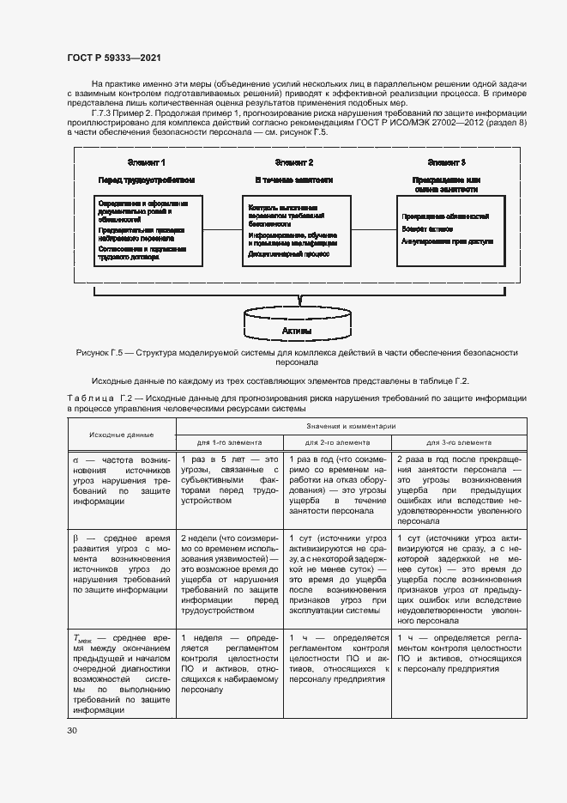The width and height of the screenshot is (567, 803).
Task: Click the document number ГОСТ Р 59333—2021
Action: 113,58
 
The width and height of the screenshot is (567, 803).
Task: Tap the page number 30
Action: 72,730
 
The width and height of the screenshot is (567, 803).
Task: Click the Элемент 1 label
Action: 146,162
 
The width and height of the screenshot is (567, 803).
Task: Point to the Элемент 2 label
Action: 293,162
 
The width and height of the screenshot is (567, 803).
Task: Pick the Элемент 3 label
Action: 446,162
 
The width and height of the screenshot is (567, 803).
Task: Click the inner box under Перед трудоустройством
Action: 150,230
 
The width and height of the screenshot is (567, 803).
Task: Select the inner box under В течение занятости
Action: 297,230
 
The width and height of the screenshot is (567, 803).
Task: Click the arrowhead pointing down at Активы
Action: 297,302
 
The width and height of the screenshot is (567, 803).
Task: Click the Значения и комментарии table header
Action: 350,426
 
